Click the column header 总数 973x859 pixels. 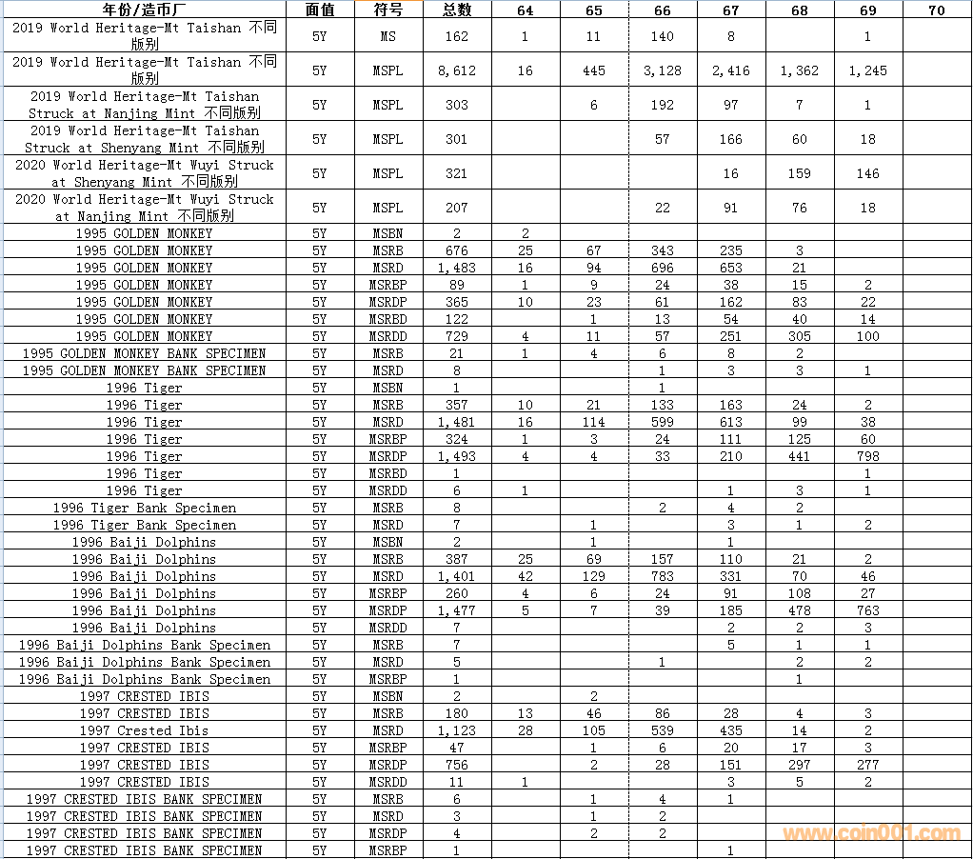pyautogui.click(x=457, y=10)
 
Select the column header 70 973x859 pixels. pyautogui.click(x=937, y=10)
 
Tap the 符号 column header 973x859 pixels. pyautogui.click(x=387, y=10)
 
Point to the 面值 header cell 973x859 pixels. pyautogui.click(x=320, y=10)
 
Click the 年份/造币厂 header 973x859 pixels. pyautogui.click(x=144, y=10)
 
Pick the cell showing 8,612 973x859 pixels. pyautogui.click(x=457, y=70)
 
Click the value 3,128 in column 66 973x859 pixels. pyautogui.click(x=663, y=70)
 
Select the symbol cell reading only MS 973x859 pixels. pyautogui.click(x=387, y=36)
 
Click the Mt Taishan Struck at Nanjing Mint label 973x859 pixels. pyautogui.click(x=144, y=105)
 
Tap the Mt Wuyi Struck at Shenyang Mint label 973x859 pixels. pyautogui.click(x=144, y=173)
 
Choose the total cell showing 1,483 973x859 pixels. pyautogui.click(x=457, y=268)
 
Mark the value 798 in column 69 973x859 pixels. pyautogui.click(x=867, y=456)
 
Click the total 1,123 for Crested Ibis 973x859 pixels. pyautogui.click(x=457, y=730)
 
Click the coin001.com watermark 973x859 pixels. pyautogui.click(x=871, y=833)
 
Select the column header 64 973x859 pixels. pyautogui.click(x=526, y=10)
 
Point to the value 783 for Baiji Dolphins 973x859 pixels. pyautogui.click(x=663, y=576)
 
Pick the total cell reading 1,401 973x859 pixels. pyautogui.click(x=457, y=576)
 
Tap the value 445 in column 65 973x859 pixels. pyautogui.click(x=594, y=70)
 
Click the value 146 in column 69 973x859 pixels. pyautogui.click(x=867, y=173)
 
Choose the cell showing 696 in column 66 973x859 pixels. pyautogui.click(x=663, y=268)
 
